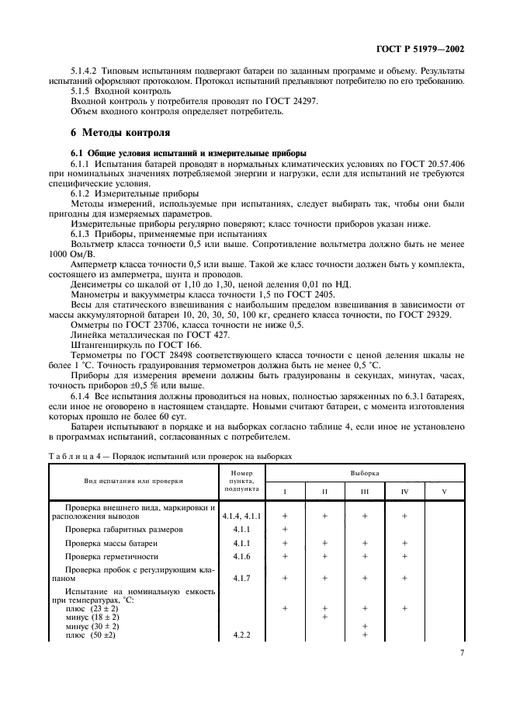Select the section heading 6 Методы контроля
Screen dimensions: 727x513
point(115,133)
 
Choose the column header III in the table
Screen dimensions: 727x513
point(364,491)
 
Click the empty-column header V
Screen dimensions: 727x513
point(444,491)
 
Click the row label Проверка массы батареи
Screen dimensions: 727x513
point(111,543)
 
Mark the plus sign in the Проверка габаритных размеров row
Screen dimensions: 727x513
point(285,529)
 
